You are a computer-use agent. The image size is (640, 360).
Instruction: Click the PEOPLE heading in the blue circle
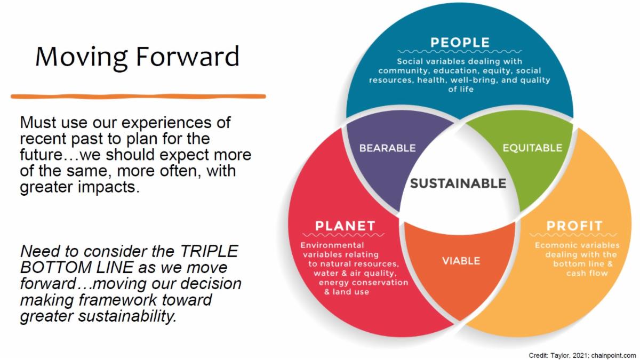point(460,43)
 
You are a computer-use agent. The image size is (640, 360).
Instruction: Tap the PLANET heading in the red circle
point(345,226)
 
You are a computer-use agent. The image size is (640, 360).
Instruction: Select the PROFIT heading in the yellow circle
point(574,226)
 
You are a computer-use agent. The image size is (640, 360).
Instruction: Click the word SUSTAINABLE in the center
point(458,183)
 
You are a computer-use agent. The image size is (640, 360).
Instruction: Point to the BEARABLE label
point(387,148)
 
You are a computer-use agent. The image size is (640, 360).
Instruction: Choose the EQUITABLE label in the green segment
point(533,148)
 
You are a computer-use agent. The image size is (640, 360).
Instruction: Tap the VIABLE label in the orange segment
point(461,261)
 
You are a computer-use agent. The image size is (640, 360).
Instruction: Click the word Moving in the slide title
point(82,57)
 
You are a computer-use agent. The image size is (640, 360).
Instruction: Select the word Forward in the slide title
point(188,56)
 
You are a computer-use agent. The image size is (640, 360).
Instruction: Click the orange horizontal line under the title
point(138,97)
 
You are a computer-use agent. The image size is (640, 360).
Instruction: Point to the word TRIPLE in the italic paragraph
point(209,251)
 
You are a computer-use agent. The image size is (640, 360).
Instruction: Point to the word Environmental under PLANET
point(332,245)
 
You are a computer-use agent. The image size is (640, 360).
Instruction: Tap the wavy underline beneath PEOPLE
point(460,52)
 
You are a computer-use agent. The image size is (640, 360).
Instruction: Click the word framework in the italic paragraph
point(118,300)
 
